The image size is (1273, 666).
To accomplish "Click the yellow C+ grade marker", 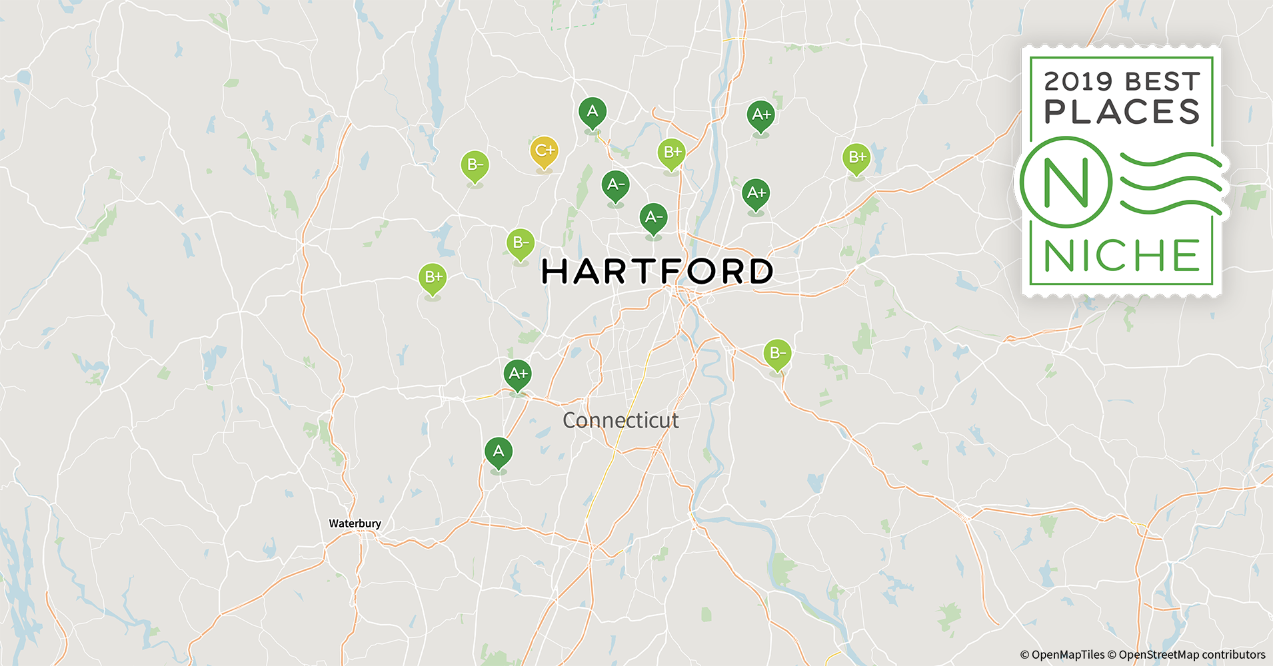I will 544,152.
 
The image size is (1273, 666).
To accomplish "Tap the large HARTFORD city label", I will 656,272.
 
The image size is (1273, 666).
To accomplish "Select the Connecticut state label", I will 621,420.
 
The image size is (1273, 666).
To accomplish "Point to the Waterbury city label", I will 355,523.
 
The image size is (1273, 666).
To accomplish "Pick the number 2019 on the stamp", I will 1078,82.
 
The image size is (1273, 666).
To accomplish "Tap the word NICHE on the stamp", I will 1122,256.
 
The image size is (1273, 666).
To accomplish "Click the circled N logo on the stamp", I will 1066,182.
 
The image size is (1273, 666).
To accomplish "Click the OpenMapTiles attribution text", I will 1062,655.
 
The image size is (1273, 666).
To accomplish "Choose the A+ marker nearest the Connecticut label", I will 518,374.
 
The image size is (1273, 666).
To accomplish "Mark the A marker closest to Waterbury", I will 499,452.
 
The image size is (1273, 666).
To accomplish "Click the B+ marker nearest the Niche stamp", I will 856,159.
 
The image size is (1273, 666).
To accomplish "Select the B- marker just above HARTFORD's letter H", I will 521,243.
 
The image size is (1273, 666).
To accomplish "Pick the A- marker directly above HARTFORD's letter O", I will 654,218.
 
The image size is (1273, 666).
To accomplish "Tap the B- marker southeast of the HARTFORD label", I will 777,354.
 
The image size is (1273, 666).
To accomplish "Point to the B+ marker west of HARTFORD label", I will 433,278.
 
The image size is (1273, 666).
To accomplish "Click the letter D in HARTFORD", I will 758,272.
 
